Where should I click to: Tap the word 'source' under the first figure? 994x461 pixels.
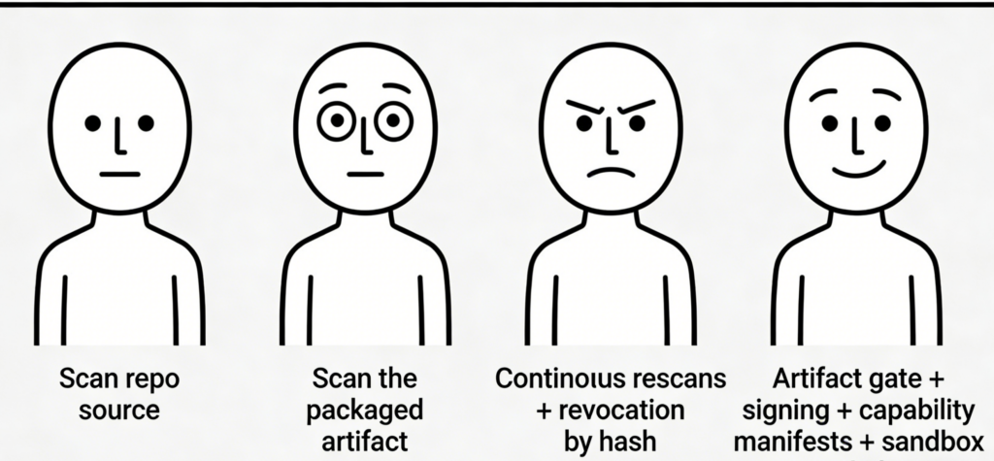[x=118, y=410]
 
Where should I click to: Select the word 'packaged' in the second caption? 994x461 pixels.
[x=365, y=410]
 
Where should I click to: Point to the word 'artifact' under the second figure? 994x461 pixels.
[x=364, y=442]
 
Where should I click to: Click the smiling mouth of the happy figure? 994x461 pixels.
[x=859, y=169]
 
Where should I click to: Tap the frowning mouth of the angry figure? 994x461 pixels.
[x=612, y=176]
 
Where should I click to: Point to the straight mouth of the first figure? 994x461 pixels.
[x=120, y=175]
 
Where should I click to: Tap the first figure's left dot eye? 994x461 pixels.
[x=92, y=123]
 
